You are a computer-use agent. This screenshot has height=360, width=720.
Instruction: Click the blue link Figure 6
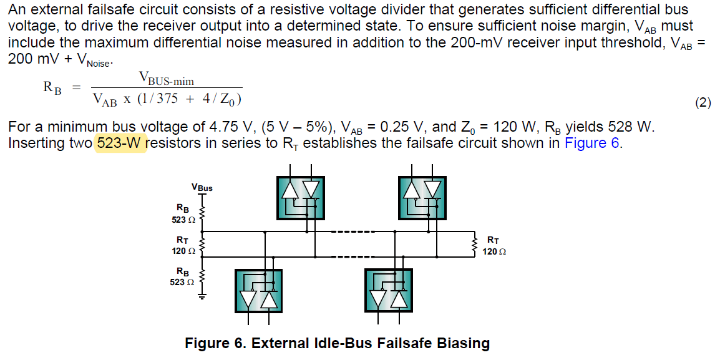tap(591, 143)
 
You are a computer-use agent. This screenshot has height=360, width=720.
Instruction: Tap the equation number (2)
tap(703, 102)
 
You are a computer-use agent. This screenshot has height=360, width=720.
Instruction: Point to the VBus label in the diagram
tap(202, 187)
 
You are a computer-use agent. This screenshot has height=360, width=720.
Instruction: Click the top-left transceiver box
tap(300, 198)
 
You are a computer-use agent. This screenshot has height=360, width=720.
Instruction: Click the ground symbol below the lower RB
tap(201, 296)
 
